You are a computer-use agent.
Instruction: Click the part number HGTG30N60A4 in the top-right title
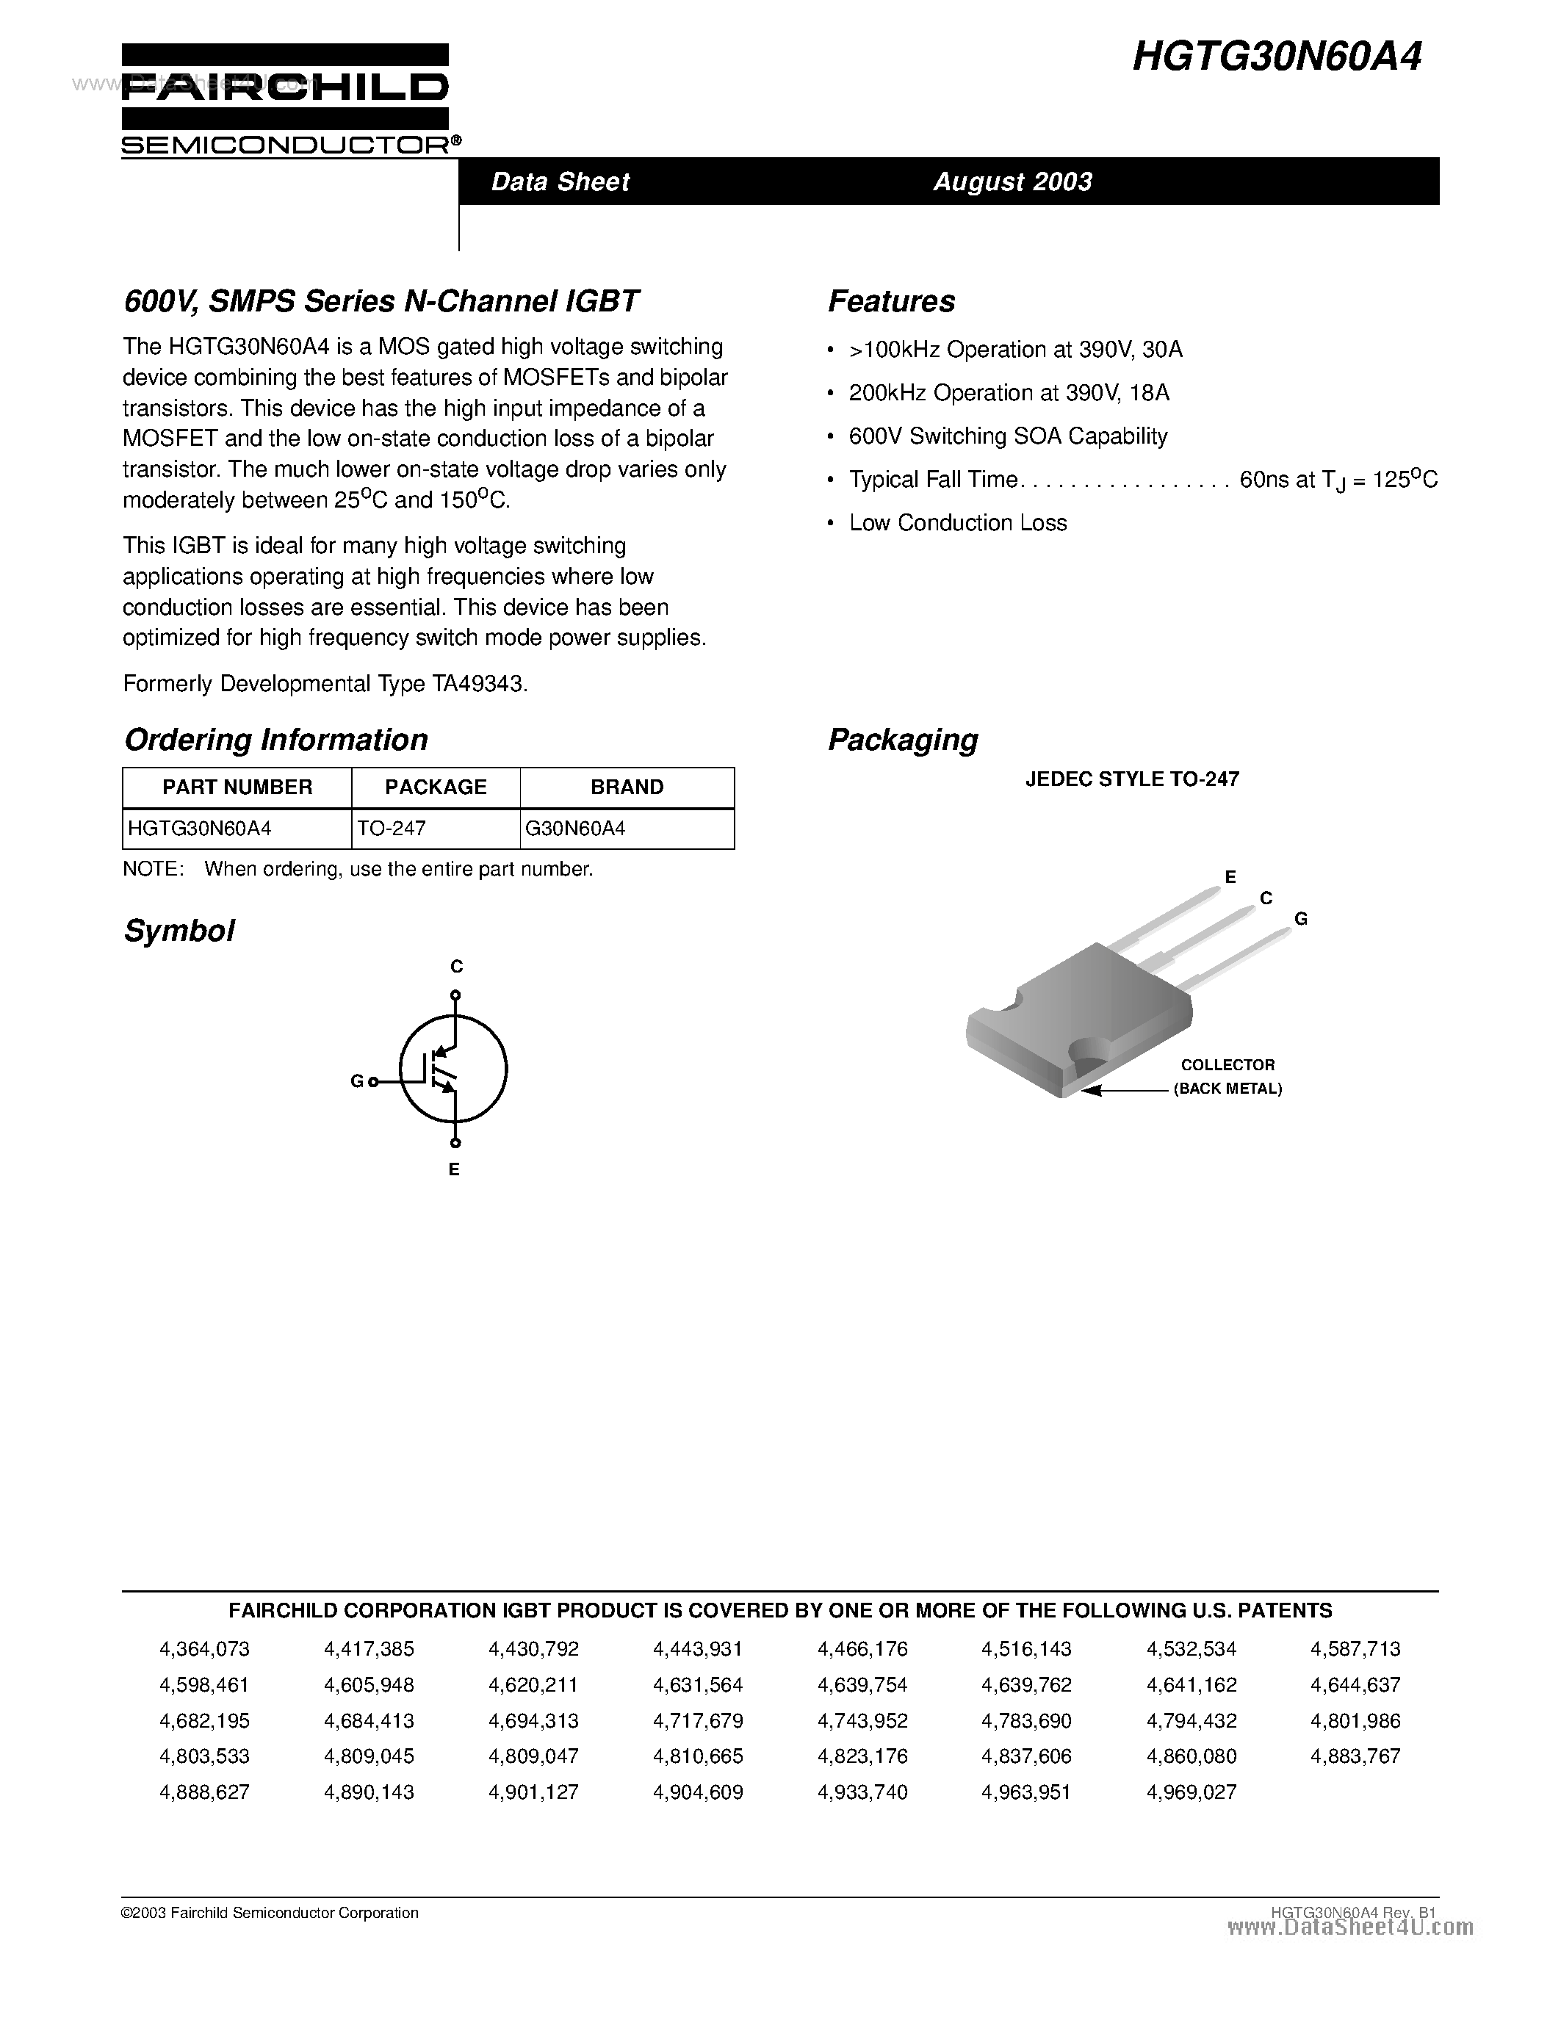pos(1276,57)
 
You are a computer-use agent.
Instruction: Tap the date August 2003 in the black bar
pos(1012,181)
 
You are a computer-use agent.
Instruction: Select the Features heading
pos(892,301)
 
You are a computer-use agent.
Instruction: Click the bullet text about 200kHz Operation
pos(1009,393)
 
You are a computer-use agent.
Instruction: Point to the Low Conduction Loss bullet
pos(957,524)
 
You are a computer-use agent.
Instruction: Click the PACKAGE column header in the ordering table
pos(436,787)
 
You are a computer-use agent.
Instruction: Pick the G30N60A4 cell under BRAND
pos(575,829)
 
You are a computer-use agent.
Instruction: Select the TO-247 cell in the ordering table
pos(392,829)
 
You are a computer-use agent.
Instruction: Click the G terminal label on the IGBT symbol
pos(357,1081)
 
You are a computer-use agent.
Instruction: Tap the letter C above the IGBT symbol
pos(456,967)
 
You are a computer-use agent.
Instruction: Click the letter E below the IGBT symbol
pos(454,1170)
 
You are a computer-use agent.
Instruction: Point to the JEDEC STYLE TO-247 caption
pos(1132,779)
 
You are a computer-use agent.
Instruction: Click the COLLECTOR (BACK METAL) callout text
pos(1227,1078)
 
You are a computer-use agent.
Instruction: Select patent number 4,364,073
pos(204,1649)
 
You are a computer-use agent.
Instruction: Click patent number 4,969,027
pos(1191,1792)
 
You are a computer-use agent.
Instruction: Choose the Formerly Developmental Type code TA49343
pos(478,685)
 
